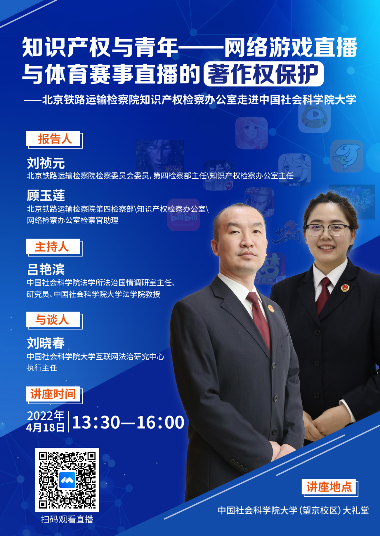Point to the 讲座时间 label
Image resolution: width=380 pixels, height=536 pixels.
(x=53, y=394)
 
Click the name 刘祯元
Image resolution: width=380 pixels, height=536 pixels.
(x=46, y=163)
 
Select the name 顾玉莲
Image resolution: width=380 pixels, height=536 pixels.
(x=46, y=196)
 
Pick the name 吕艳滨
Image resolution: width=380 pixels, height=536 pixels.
(x=46, y=269)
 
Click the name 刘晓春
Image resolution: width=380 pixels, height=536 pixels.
(x=46, y=343)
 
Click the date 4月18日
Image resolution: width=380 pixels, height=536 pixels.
(x=45, y=427)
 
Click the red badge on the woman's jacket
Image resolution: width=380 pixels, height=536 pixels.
(x=345, y=288)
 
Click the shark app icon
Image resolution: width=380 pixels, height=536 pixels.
(x=347, y=156)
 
